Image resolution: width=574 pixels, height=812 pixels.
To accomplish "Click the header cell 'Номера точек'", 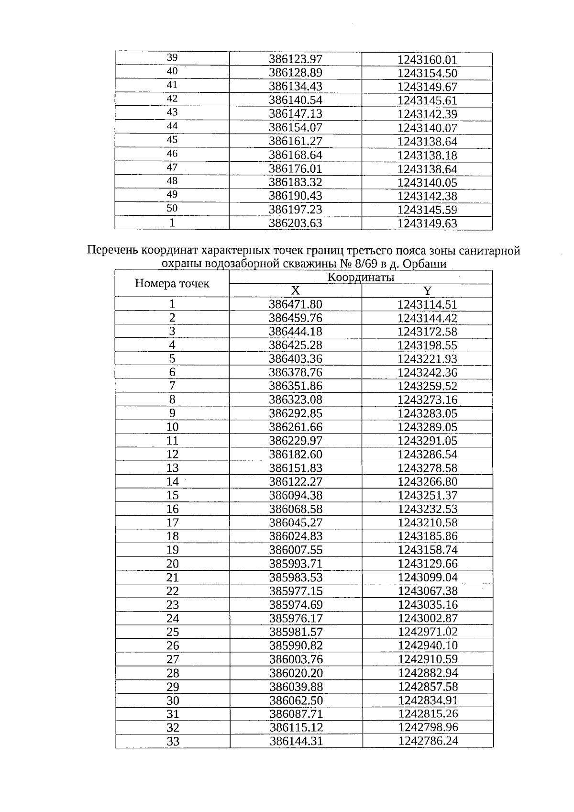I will (172, 284).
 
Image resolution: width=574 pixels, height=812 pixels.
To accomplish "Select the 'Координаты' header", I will (361, 277).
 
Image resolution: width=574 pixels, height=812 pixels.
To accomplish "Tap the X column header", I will (296, 291).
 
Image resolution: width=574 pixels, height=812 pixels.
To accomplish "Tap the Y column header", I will (427, 291).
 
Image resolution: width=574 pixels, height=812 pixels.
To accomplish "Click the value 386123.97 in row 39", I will (296, 59).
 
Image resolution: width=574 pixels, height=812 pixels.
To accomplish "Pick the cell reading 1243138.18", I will (427, 156).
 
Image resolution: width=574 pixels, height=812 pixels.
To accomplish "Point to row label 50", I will (172, 209).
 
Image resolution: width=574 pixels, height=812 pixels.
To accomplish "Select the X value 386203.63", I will (296, 223).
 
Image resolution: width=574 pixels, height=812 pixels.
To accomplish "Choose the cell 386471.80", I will (296, 304).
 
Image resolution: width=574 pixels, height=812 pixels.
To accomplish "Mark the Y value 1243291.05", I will (427, 441).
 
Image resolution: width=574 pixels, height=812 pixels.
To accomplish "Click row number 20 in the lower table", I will (172, 564).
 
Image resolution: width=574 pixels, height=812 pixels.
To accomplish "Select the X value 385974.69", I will (296, 604).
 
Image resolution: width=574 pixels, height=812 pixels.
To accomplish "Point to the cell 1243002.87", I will (427, 618).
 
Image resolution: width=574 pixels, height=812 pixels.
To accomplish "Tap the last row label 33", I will (172, 741).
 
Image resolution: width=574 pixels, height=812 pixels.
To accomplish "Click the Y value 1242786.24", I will (427, 741).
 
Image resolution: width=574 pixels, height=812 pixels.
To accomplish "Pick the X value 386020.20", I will (296, 673).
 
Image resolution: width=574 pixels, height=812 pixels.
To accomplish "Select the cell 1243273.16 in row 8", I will (427, 400).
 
